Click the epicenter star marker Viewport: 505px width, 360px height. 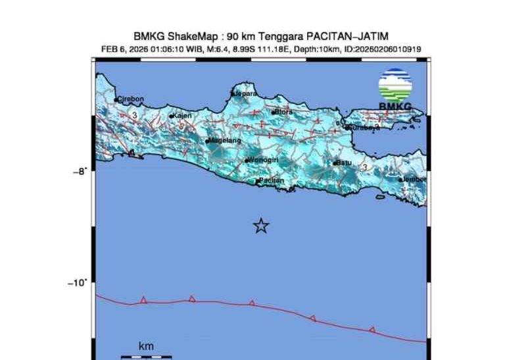click(x=261, y=226)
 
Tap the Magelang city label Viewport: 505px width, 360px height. click(x=225, y=141)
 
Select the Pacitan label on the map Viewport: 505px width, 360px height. click(x=271, y=180)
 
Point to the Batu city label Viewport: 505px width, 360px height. click(x=344, y=163)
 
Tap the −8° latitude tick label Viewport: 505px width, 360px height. click(x=79, y=171)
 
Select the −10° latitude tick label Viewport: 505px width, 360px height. click(x=77, y=283)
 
